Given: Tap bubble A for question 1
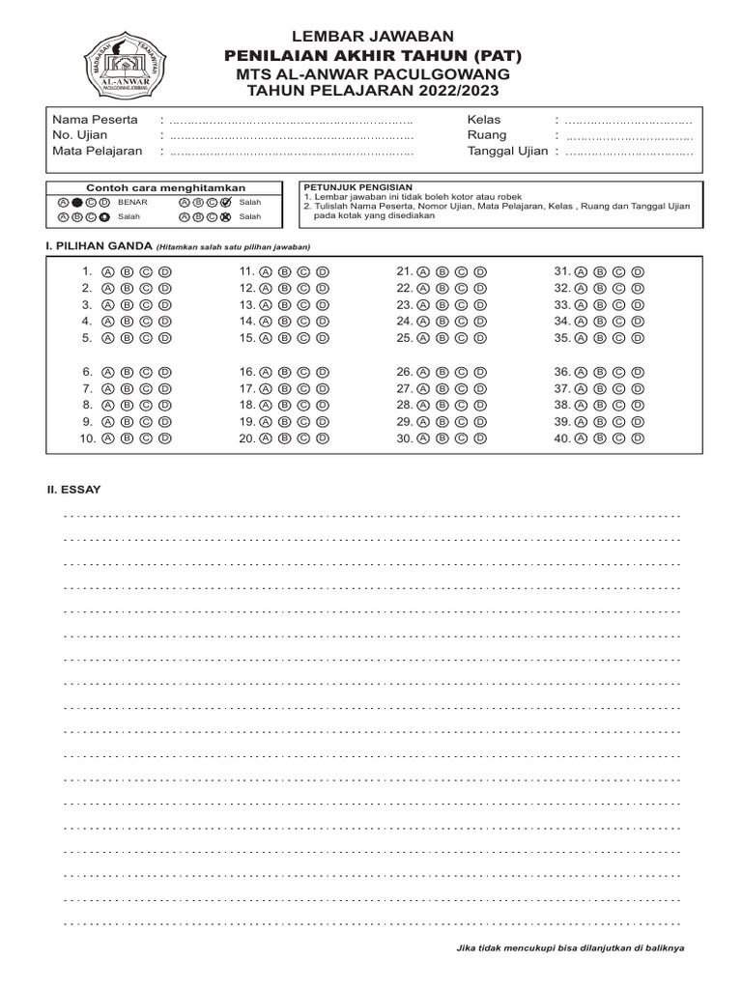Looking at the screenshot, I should click(x=106, y=271).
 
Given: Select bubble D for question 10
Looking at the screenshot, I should click(x=165, y=438).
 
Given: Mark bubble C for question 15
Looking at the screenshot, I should click(x=302, y=338).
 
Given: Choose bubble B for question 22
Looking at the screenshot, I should click(x=440, y=288).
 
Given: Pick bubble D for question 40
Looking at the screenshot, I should click(x=637, y=438).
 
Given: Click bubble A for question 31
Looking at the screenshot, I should click(x=580, y=271).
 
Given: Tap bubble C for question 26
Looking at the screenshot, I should click(x=461, y=371).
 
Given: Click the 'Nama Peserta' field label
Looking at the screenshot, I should click(x=95, y=120).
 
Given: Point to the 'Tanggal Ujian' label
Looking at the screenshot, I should click(x=507, y=151).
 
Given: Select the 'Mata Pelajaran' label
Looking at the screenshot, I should click(x=98, y=151).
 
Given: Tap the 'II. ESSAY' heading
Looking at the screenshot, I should click(x=74, y=490).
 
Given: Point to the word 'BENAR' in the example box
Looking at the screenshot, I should click(x=132, y=203).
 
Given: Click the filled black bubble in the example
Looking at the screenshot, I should click(x=76, y=203).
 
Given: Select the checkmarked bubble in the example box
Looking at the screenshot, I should click(x=225, y=203).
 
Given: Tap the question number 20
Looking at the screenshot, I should click(x=246, y=438).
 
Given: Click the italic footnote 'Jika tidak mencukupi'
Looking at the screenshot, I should click(x=570, y=947).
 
